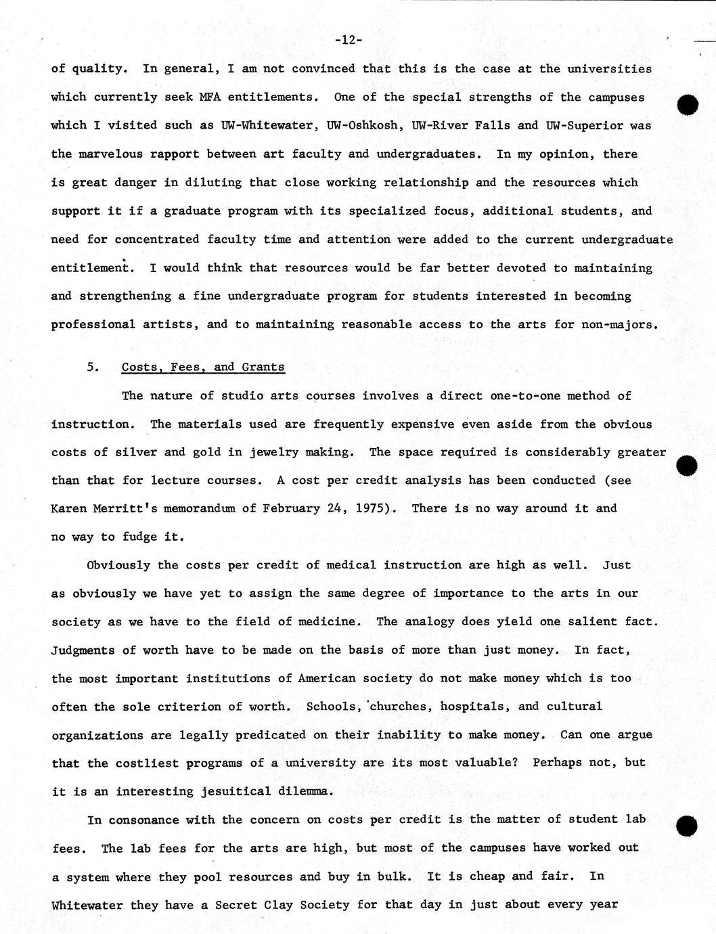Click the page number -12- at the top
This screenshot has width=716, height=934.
(x=348, y=40)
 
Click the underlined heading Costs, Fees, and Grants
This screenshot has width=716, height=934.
(x=203, y=367)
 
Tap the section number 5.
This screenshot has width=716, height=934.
(x=93, y=367)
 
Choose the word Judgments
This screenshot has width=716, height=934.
(x=83, y=650)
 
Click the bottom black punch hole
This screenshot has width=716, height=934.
(x=687, y=826)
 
